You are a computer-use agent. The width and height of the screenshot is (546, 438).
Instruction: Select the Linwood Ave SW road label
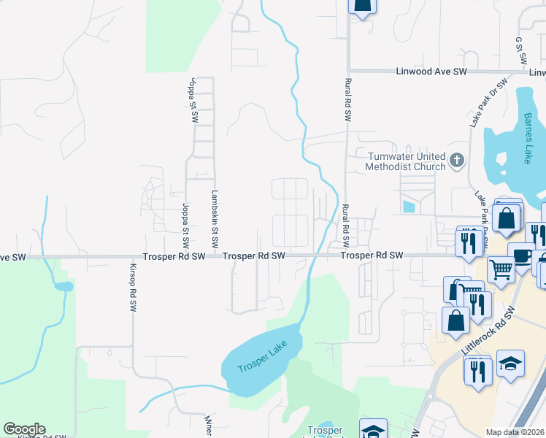pyautogui.click(x=431, y=72)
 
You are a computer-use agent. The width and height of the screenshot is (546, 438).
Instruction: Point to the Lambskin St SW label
pyautogui.click(x=215, y=219)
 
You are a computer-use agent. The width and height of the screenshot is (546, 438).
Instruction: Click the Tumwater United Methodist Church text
pyautogui.click(x=407, y=161)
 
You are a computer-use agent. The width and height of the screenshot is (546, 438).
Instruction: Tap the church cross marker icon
pyautogui.click(x=456, y=160)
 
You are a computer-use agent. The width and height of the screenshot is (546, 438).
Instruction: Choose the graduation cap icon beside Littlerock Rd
pyautogui.click(x=510, y=363)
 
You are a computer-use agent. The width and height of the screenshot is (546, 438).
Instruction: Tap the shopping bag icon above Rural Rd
pyautogui.click(x=363, y=7)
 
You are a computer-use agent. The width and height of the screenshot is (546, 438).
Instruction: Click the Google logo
pyautogui.click(x=24, y=429)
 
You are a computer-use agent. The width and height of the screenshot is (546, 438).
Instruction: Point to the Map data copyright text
pyautogui.click(x=515, y=432)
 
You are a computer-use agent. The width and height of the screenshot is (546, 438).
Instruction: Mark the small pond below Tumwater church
pyautogui.click(x=407, y=207)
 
